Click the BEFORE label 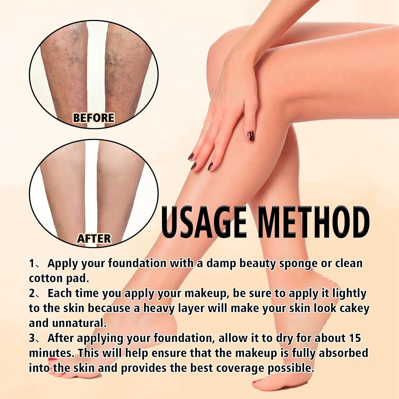click(93, 118)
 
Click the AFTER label click(94, 239)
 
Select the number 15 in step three click(354, 338)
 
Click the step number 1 click(32, 264)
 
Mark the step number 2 click(32, 293)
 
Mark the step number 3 click(32, 338)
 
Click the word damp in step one click(221, 264)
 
